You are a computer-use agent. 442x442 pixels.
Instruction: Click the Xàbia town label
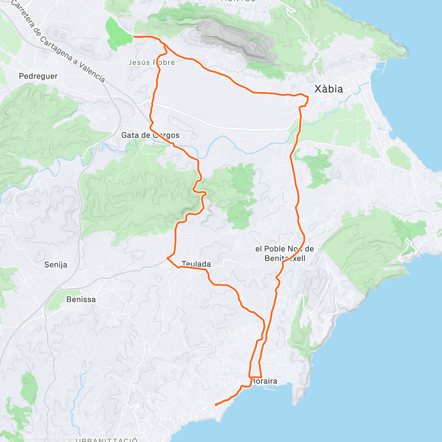[328, 89]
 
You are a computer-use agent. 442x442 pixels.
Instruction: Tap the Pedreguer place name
[38, 76]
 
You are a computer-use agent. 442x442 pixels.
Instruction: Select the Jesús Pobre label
[151, 62]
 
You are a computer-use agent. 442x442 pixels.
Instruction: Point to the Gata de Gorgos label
[150, 135]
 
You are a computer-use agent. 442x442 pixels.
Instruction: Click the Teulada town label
[196, 264]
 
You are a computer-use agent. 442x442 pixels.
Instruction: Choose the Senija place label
[56, 264]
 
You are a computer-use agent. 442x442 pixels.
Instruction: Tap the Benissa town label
[81, 299]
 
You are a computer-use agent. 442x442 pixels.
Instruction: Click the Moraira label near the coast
[264, 381]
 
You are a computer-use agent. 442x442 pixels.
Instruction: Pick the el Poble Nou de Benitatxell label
[285, 253]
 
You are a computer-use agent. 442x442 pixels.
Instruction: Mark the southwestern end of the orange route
[215, 404]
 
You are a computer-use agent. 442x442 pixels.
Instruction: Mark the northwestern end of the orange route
[134, 36]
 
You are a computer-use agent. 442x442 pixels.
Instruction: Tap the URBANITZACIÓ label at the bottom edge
[107, 440]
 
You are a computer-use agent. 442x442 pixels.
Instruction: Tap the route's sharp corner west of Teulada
[168, 258]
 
